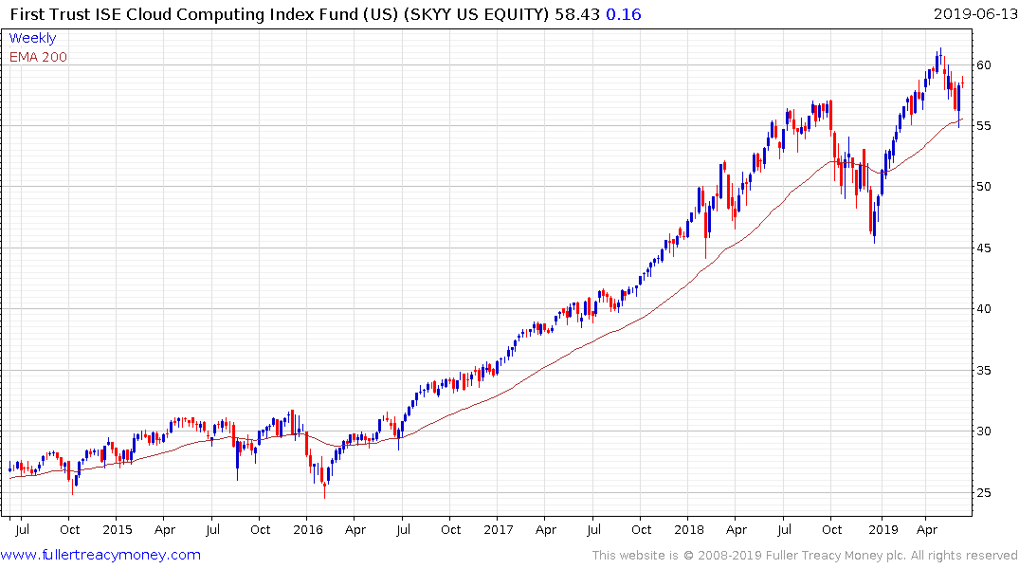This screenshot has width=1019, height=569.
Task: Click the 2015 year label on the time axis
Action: coord(117,529)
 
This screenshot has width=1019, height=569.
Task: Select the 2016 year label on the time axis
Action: coord(307,529)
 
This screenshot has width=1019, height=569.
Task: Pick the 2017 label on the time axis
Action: coord(498,529)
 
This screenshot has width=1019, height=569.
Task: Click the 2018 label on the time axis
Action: coord(689,529)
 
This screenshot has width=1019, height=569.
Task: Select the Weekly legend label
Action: coord(32,38)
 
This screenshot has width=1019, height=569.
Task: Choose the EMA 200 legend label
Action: coord(38,57)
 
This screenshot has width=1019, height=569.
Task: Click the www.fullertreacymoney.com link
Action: coord(101,555)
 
